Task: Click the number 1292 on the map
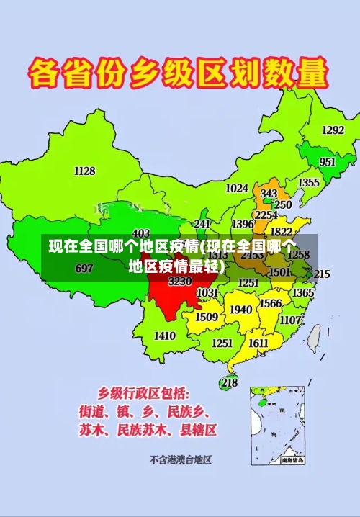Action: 333,130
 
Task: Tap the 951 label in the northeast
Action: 328,162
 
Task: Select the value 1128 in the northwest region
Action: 84,171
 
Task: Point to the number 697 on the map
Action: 84,268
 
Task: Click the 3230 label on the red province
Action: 180,281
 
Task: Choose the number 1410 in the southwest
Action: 165,335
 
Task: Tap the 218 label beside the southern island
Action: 229,382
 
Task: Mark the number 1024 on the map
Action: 237,188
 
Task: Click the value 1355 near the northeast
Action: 309,183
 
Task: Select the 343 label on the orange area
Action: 269,194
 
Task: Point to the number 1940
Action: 240,310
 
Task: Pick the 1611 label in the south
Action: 258,343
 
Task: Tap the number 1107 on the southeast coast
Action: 290,320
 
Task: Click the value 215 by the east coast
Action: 321,274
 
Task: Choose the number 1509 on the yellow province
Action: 207,316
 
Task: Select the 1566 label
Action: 271,303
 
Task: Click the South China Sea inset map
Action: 277,425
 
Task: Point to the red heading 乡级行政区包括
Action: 144,393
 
